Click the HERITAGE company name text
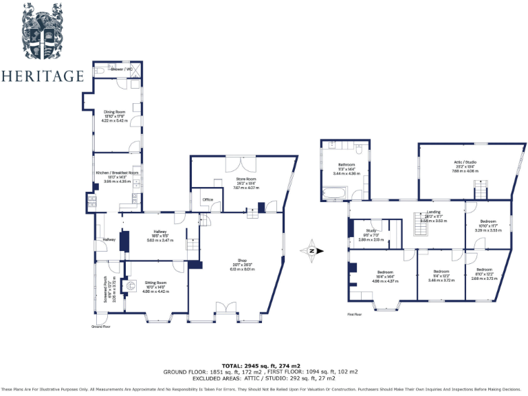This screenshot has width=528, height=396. (x=43, y=76)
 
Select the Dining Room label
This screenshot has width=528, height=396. (x=114, y=111)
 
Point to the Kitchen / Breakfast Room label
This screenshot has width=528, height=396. (x=117, y=173)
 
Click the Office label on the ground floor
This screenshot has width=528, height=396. (x=207, y=199)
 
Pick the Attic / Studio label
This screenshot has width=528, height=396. (x=465, y=162)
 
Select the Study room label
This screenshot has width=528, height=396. (x=371, y=230)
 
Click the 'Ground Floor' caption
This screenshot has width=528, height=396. (x=101, y=327)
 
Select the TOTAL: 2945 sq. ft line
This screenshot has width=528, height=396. (x=261, y=365)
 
